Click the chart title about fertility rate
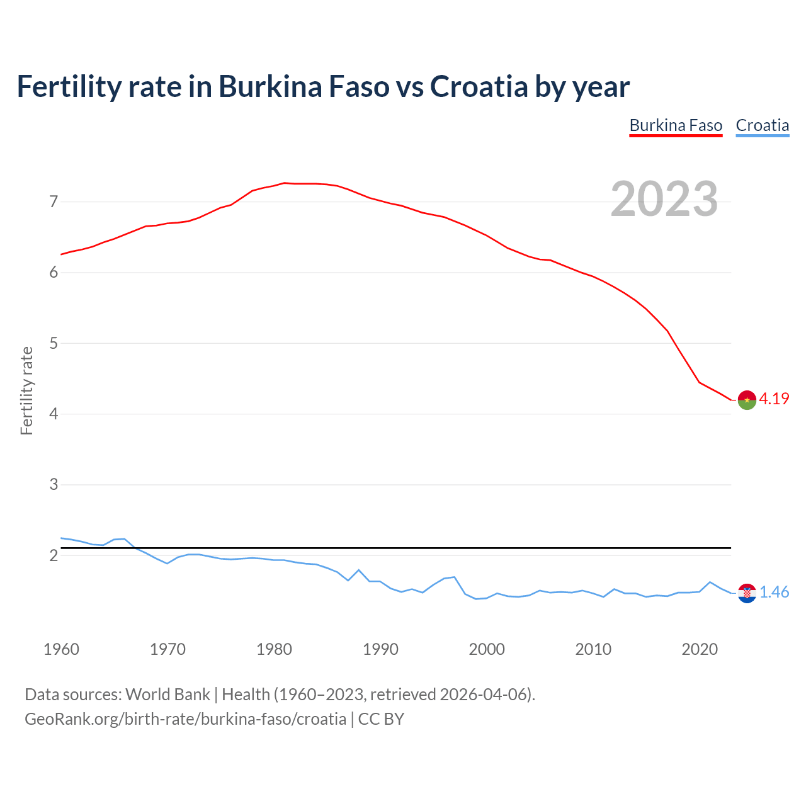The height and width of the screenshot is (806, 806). (x=323, y=87)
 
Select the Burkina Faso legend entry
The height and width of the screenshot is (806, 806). (x=676, y=125)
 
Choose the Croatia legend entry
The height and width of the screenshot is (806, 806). (x=762, y=125)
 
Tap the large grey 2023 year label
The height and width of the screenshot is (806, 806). (x=664, y=199)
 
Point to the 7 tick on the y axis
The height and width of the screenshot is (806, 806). (x=54, y=202)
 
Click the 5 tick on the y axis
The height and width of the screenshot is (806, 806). (x=54, y=344)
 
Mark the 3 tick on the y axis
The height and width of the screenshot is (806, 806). (x=54, y=485)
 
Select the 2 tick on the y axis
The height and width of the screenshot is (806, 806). (x=54, y=555)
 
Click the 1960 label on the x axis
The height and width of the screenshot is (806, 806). (x=61, y=649)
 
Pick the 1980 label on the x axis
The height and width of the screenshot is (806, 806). (x=274, y=649)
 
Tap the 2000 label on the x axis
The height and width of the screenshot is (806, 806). (x=487, y=649)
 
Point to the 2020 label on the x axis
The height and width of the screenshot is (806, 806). (x=700, y=649)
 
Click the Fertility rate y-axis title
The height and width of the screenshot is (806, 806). (x=26, y=390)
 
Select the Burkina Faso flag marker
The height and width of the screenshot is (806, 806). (x=747, y=400)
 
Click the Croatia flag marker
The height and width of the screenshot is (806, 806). (x=747, y=593)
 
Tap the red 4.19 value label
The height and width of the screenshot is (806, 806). (x=774, y=399)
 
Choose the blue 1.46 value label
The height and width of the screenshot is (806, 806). (x=774, y=593)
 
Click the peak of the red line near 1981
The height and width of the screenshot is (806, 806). (x=284, y=183)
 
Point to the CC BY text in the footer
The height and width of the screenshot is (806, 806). (x=381, y=719)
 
